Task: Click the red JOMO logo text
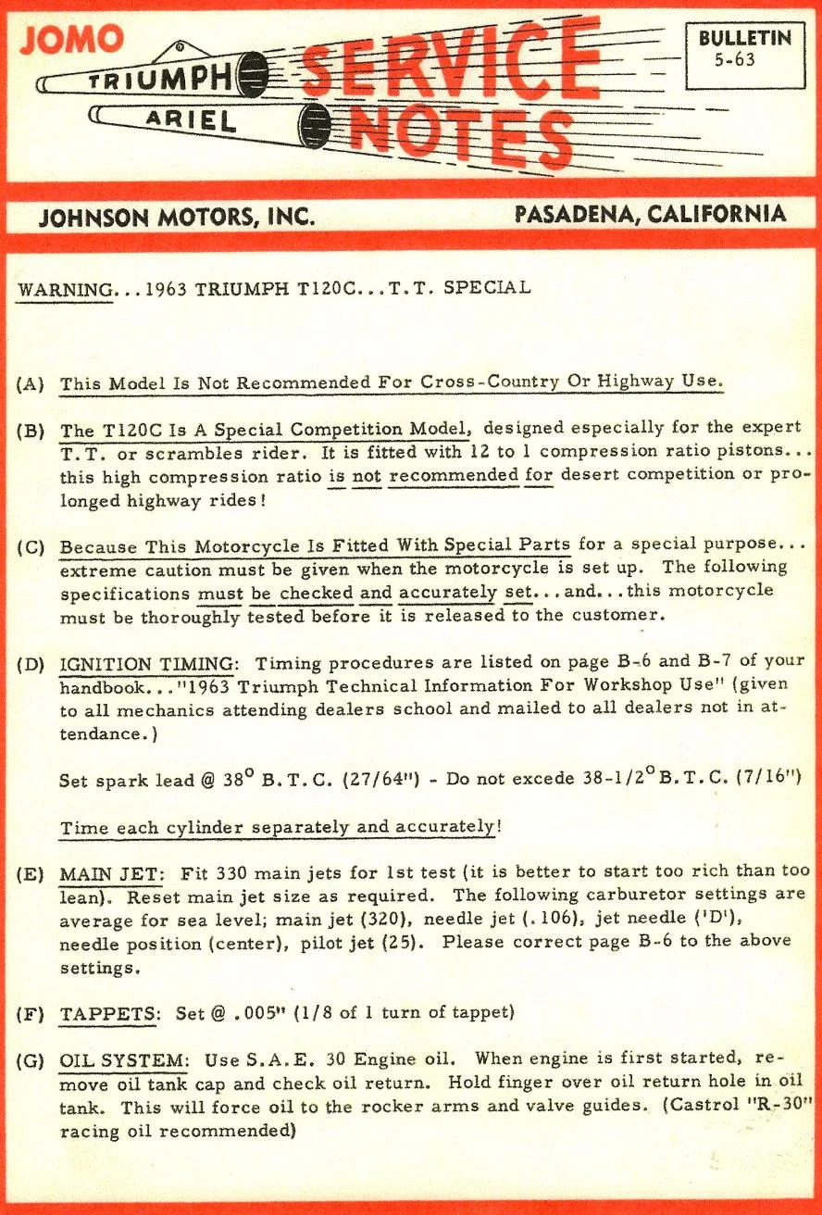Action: pos(71,38)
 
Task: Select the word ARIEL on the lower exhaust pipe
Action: pos(189,119)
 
